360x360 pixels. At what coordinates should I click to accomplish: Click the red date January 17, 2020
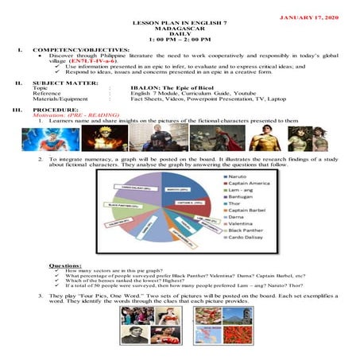(318, 17)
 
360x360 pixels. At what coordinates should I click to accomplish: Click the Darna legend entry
(248, 227)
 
